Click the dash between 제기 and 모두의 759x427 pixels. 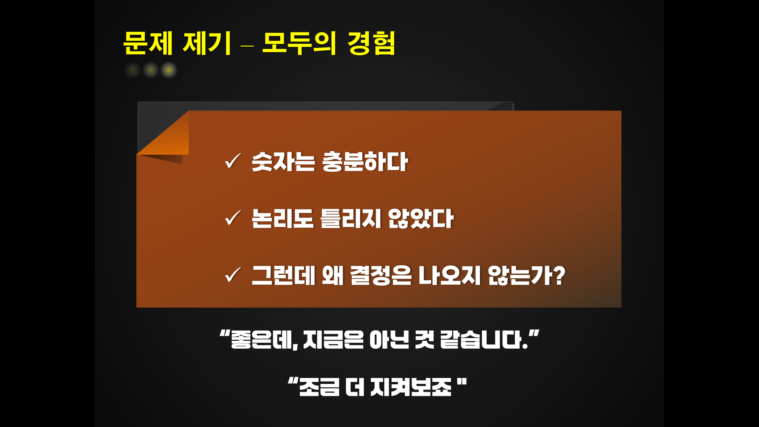[247, 46]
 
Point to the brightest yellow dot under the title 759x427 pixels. [169, 70]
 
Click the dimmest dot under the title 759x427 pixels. [133, 70]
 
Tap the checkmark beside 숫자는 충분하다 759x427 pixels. [232, 161]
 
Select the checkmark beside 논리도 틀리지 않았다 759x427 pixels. [232, 218]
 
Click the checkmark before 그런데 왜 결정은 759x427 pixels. [232, 275]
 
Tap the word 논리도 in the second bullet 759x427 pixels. [283, 219]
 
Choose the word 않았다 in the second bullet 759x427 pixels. [421, 219]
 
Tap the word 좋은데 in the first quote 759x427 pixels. [263, 340]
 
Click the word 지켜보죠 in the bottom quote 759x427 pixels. [411, 387]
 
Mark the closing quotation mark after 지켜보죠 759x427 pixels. [462, 382]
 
